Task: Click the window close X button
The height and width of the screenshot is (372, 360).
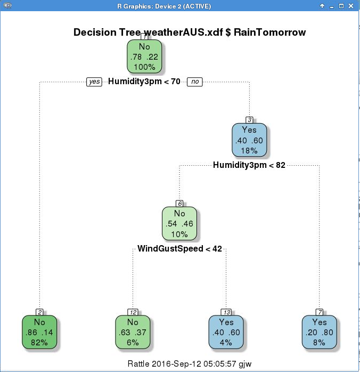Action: tap(351, 6)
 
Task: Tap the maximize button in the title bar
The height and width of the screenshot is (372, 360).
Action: tap(341, 6)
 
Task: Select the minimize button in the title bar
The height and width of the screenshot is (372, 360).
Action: tap(332, 7)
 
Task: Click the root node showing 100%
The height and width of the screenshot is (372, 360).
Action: tap(144, 56)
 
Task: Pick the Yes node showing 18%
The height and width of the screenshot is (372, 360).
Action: tap(249, 140)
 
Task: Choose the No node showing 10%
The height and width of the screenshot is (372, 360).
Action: tap(179, 223)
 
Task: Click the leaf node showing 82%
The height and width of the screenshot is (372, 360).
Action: tap(39, 332)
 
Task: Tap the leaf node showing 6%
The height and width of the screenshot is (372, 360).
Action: tap(133, 332)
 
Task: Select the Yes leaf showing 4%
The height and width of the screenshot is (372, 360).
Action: tap(226, 332)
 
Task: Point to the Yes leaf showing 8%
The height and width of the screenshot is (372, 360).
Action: tap(319, 332)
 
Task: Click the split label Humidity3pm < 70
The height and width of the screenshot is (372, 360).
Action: tap(144, 82)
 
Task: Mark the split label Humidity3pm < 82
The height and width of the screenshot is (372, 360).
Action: tap(249, 165)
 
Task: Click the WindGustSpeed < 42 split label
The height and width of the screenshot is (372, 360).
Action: tap(179, 249)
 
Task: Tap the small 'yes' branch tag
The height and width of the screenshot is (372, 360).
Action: tap(94, 82)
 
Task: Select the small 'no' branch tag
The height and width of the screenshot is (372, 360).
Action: tap(195, 82)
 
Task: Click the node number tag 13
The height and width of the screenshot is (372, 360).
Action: tap(226, 312)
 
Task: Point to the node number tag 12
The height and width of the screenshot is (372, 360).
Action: tap(133, 312)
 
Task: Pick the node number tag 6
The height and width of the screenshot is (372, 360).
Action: tap(179, 204)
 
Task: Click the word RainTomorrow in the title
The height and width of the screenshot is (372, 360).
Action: tap(269, 33)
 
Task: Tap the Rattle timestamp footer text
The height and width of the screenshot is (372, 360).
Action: tap(190, 363)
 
